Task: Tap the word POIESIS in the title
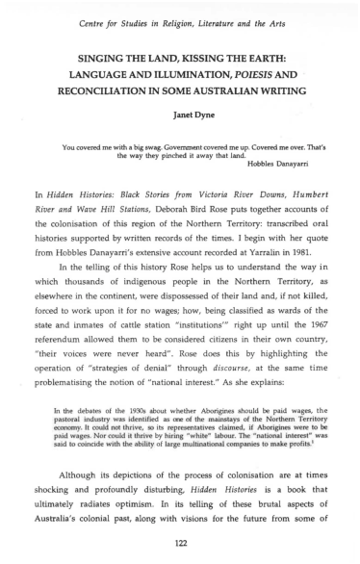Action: [252, 74]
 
